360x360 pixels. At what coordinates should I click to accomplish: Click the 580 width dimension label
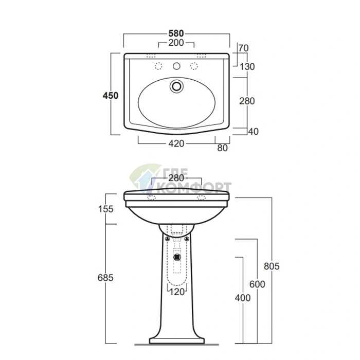[x=176, y=33]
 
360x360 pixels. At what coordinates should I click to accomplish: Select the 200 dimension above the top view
[x=176, y=43]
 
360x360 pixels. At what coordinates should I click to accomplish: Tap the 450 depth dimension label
[x=111, y=96]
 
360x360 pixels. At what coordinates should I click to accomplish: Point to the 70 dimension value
[x=243, y=48]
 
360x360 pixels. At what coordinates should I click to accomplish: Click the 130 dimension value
[x=247, y=67]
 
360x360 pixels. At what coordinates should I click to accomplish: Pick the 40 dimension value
[x=254, y=132]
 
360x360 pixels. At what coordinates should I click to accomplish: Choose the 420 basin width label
[x=176, y=143]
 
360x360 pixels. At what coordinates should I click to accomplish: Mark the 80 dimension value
[x=222, y=148]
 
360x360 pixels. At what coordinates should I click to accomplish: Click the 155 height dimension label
[x=105, y=209]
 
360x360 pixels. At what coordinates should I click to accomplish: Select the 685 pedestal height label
[x=105, y=278]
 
